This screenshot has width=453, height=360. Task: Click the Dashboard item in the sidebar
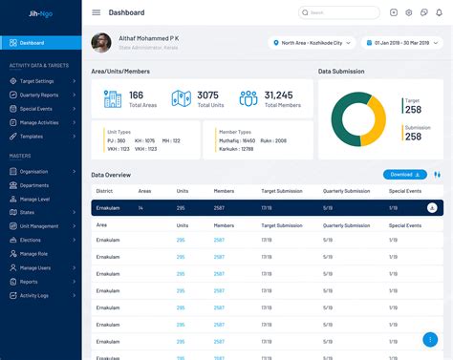click(x=32, y=43)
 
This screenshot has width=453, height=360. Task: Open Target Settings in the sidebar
click(x=38, y=81)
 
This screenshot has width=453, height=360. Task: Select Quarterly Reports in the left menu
click(x=41, y=95)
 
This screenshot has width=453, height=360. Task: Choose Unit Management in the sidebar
click(x=40, y=226)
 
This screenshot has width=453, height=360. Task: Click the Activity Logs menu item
click(x=35, y=296)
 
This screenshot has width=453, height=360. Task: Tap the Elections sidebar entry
click(x=31, y=240)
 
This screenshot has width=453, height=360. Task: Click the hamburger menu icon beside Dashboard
click(x=96, y=12)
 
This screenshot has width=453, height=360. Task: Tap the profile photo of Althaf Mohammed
click(x=100, y=43)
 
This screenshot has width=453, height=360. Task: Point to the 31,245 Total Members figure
click(x=278, y=95)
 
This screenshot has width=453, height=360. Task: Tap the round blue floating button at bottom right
click(x=431, y=339)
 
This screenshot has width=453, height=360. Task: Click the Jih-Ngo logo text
click(x=30, y=12)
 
